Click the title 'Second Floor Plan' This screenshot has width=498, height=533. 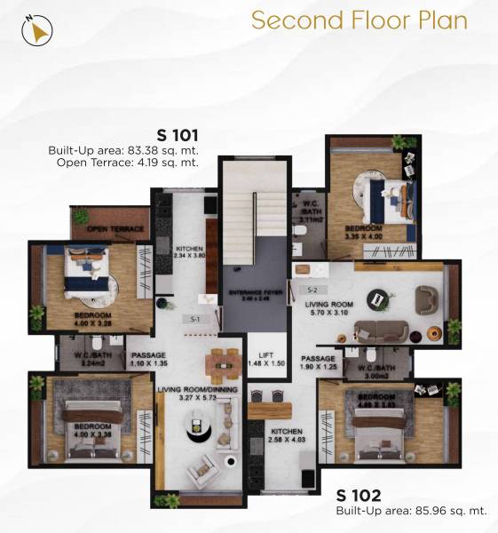point(359,20)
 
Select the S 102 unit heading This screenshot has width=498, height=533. point(359,495)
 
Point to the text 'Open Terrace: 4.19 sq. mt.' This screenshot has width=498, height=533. point(126,163)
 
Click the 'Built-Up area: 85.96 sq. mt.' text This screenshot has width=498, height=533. point(411,511)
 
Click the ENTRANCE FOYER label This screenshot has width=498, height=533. point(253,295)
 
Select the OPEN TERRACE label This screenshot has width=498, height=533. point(115,229)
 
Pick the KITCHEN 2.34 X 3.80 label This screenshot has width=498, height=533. point(189,252)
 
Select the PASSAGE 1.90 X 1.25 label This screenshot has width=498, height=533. point(320,362)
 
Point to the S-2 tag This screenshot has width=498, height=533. point(312,290)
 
